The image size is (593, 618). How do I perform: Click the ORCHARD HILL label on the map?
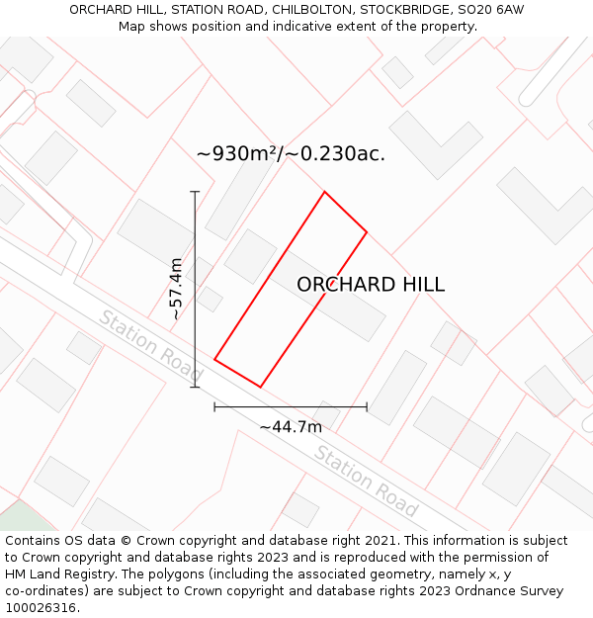tap(371, 285)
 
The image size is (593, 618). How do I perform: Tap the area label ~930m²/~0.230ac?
tap(291, 153)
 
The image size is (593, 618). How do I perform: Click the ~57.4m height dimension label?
tap(176, 288)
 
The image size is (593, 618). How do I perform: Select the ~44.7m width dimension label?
tap(291, 427)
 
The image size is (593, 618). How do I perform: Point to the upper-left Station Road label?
tap(150, 347)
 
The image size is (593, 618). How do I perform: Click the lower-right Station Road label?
tap(366, 482)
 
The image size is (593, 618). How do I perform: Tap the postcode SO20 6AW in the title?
tap(491, 9)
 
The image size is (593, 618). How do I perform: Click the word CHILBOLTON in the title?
tap(286, 9)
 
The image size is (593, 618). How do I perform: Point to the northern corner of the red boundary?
tap(324, 192)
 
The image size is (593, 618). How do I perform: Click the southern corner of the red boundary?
tap(261, 387)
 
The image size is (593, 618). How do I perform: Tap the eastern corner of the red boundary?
tap(367, 232)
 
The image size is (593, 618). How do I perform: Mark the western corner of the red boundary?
tap(214, 359)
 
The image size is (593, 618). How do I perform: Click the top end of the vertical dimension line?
tap(195, 192)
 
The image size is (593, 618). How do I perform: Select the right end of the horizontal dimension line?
tap(367, 406)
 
